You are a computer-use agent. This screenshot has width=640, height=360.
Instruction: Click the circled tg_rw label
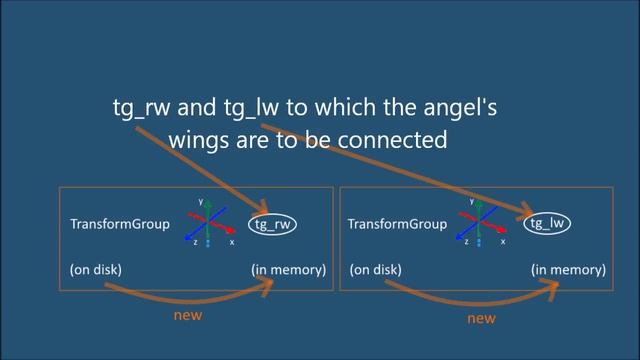click(274, 224)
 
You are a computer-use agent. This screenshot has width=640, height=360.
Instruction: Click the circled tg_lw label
click(549, 223)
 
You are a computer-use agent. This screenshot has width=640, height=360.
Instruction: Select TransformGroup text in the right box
click(394, 224)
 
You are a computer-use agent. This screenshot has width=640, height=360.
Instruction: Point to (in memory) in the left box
click(289, 270)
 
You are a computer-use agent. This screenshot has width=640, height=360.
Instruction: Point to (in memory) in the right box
click(567, 270)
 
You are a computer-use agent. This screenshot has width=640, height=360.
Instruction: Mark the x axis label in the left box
click(232, 242)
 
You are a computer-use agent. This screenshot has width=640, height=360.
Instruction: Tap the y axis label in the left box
click(200, 201)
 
